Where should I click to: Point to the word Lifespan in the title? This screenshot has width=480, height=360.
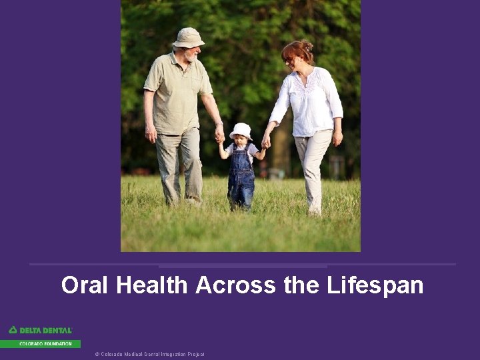click(375, 285)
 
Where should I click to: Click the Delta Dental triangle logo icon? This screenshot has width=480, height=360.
click(13, 330)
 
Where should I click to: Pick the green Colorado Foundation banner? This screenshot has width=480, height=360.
click(40, 344)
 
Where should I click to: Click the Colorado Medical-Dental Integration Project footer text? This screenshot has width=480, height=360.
click(149, 354)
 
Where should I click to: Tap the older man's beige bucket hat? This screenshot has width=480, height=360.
click(188, 37)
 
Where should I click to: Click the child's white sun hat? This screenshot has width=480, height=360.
click(241, 130)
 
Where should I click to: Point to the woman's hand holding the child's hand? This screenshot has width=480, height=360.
click(266, 141)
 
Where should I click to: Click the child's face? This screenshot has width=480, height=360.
click(240, 141)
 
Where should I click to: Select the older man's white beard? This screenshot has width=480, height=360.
click(192, 57)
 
